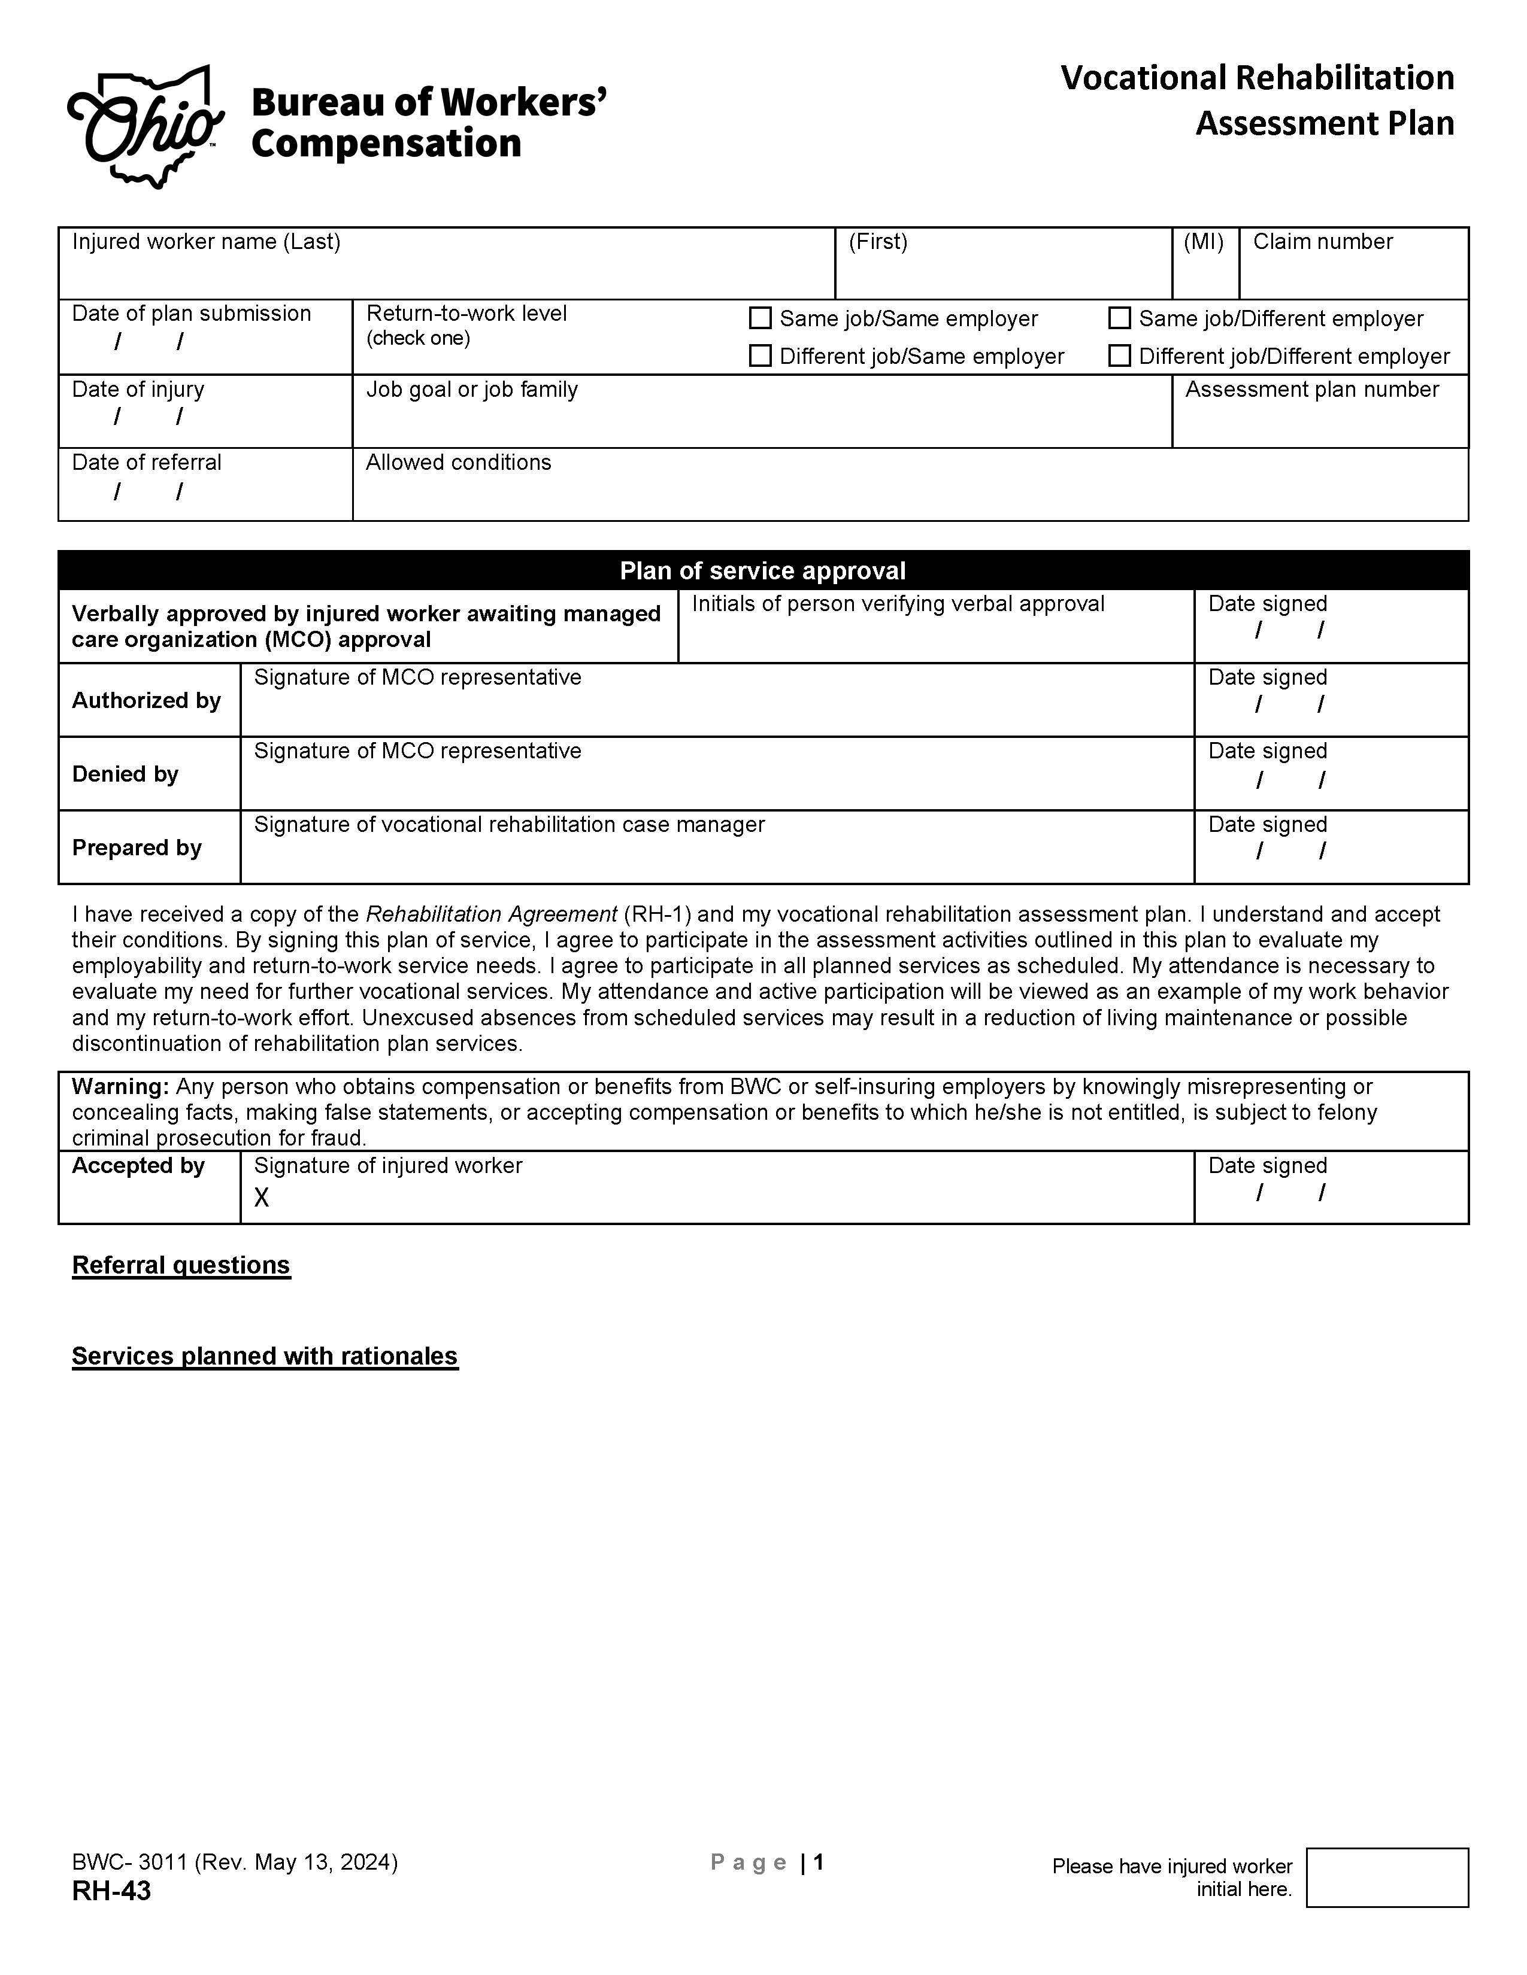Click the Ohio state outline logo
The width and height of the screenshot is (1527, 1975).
pos(145,127)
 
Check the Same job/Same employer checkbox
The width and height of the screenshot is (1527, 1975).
pos(761,318)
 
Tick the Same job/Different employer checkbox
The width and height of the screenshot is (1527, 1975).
pos(1120,318)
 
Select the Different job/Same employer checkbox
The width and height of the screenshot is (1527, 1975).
pos(761,356)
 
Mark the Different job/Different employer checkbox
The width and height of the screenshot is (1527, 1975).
pos(1120,356)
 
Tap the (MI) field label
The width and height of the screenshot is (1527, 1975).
pos(1203,241)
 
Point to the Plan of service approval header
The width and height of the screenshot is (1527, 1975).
pos(762,570)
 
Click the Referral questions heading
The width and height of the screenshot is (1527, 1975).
pos(181,1265)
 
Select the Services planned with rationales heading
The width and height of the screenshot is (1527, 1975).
pos(265,1356)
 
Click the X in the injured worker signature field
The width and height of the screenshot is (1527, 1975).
pos(262,1198)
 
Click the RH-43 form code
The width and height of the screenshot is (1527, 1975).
pos(111,1891)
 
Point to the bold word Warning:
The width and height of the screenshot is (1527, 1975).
pos(120,1086)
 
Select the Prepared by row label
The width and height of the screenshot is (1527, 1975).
pos(137,847)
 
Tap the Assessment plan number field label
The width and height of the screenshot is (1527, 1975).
pos(1311,390)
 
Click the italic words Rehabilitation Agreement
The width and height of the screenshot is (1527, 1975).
pos(491,914)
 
